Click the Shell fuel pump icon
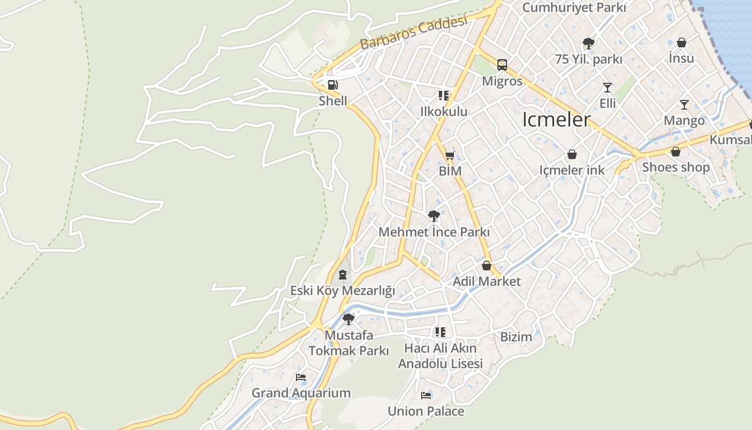tap(332, 85)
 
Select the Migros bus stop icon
tap(502, 65)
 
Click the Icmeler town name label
tap(556, 120)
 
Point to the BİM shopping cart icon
tap(450, 156)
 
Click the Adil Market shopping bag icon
tap(487, 266)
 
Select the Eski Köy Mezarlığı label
tap(342, 291)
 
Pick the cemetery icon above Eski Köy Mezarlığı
tap(342, 275)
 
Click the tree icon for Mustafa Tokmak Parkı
tap(349, 319)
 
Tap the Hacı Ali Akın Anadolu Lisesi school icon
tap(440, 332)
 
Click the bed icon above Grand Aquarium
tap(301, 377)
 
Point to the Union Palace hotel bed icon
tap(426, 396)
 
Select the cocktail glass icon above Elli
tap(608, 87)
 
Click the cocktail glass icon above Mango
tap(684, 104)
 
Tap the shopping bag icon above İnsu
tap(682, 42)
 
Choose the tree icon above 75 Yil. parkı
tap(588, 44)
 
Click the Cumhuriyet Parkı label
tap(574, 8)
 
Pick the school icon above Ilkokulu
tap(444, 96)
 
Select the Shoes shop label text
tap(676, 167)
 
